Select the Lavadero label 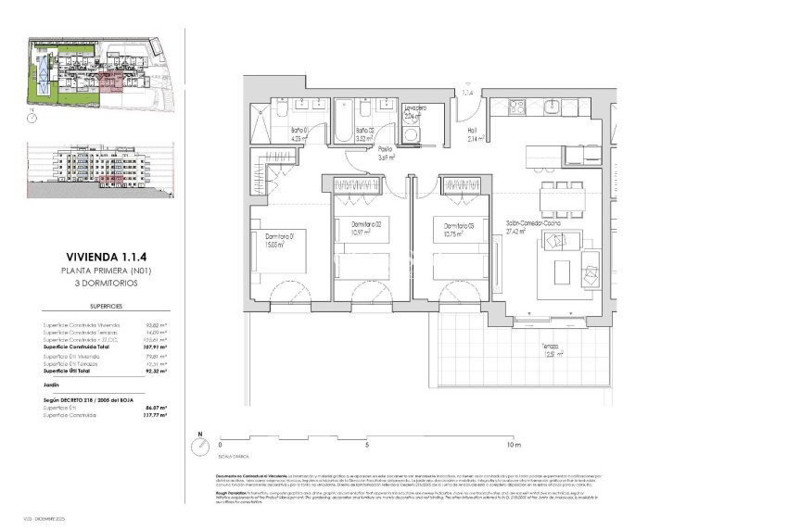414,109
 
